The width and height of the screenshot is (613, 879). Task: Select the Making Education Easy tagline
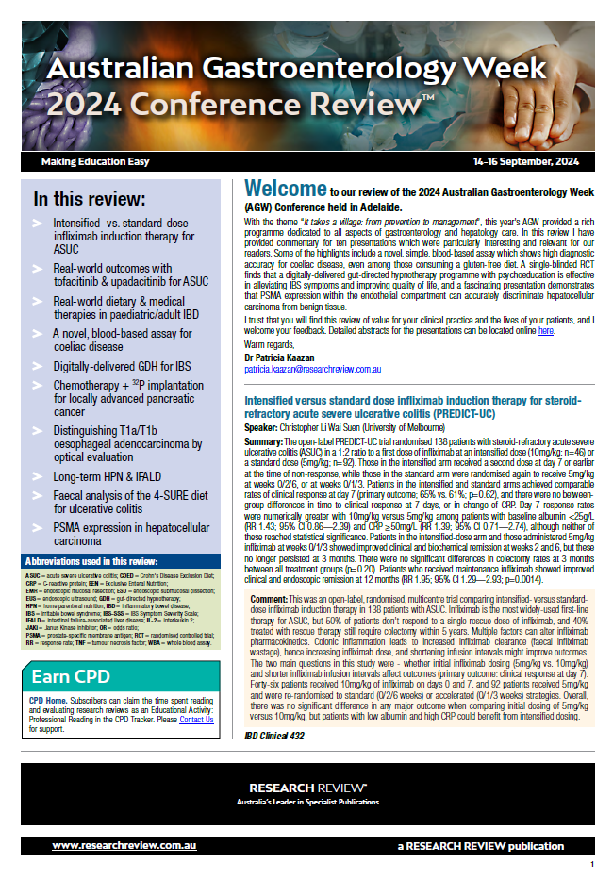95,162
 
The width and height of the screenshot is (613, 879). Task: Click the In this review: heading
90,200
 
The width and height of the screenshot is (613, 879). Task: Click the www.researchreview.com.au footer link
117,845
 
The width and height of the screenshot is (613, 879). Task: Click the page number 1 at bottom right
591,864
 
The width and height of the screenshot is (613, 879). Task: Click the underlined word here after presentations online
546,332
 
